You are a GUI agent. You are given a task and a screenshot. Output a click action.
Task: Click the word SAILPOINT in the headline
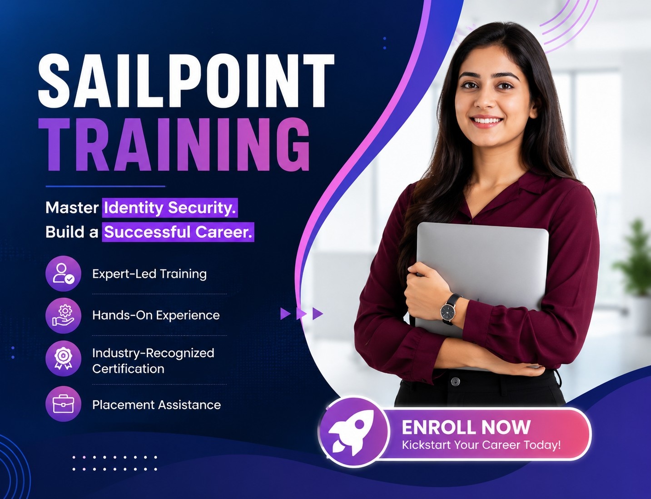[186, 80]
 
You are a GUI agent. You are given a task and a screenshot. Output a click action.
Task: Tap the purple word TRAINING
[174, 145]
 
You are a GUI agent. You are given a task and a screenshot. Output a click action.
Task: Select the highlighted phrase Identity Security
[170, 207]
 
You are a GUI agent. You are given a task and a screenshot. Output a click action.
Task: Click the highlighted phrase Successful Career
[178, 232]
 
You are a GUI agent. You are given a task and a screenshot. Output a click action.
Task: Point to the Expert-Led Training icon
[63, 273]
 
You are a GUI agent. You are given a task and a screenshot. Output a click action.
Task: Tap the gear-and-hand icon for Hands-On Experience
[63, 315]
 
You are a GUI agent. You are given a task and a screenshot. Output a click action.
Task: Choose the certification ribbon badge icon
[63, 358]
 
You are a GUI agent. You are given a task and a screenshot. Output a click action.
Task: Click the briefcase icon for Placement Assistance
[63, 404]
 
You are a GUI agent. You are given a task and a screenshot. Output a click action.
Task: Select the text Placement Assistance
[156, 405]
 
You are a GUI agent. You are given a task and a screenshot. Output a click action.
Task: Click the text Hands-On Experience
[156, 315]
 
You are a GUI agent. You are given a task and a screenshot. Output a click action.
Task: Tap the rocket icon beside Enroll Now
[353, 432]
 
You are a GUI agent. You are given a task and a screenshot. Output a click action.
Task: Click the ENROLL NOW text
[466, 427]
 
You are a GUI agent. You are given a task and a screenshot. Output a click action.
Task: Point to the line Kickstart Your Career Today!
[481, 445]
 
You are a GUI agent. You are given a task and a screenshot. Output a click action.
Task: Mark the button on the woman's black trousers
[455, 381]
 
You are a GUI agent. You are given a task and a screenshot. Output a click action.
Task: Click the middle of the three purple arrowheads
[301, 314]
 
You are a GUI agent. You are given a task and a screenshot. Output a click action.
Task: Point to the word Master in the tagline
[72, 207]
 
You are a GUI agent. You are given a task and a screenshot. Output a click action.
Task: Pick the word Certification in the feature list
[128, 369]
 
